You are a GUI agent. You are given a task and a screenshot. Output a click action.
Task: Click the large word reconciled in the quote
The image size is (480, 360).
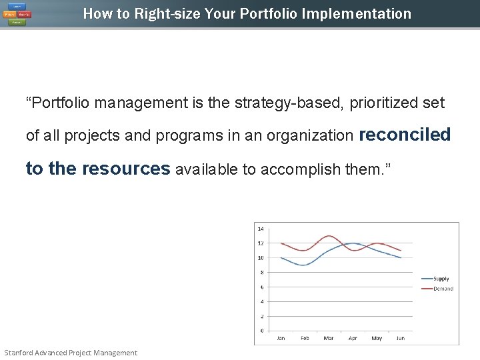coord(405,135)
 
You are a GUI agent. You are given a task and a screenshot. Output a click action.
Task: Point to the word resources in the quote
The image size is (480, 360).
coord(126,169)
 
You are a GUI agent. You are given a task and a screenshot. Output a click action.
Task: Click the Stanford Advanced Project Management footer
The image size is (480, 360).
coord(71,353)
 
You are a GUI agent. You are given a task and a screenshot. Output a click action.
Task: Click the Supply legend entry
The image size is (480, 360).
coord(441,279)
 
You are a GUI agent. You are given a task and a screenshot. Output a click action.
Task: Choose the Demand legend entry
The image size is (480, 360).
coord(443,289)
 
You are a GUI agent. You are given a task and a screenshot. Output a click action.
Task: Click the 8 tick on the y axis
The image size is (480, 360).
coord(261,273)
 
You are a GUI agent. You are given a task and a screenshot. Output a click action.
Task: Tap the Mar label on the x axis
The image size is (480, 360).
coord(329,339)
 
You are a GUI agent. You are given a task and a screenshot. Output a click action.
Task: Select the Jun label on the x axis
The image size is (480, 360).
coord(400,339)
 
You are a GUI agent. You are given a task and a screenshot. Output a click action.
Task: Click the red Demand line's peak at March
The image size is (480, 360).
coord(328,236)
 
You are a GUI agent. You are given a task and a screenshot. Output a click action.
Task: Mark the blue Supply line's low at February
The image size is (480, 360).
coord(305,265)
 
